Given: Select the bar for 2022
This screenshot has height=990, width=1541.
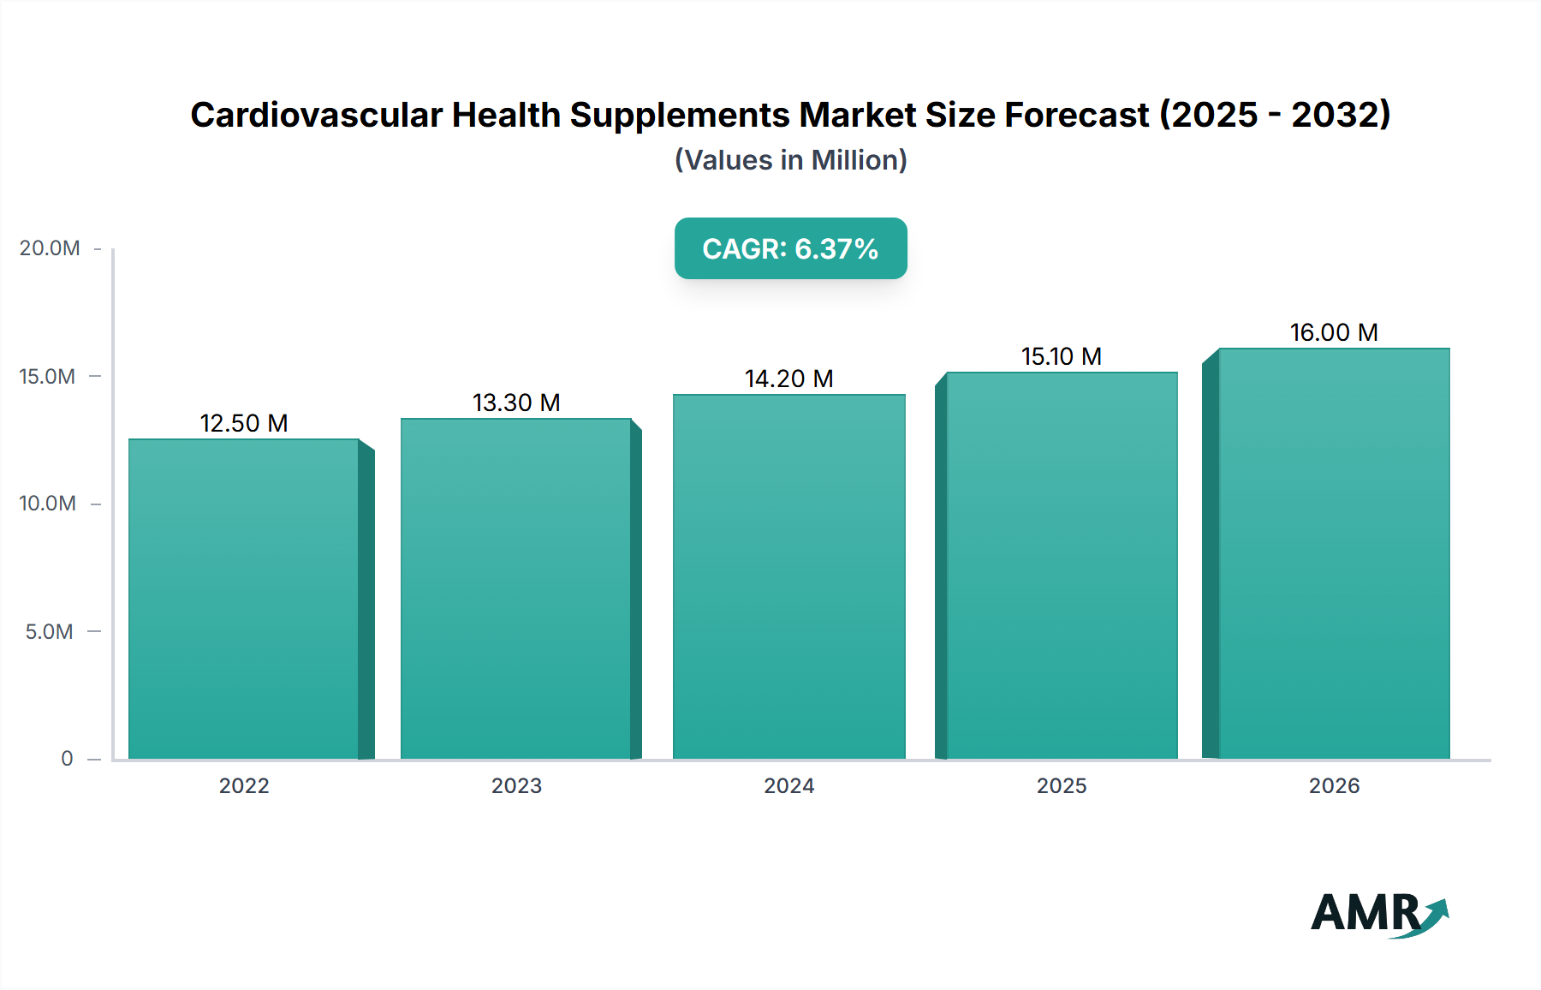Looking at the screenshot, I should (244, 599).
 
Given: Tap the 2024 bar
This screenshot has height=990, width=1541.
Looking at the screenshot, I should (788, 577).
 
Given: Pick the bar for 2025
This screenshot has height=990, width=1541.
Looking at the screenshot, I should (1062, 565).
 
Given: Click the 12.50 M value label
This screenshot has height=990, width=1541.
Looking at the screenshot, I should (244, 423).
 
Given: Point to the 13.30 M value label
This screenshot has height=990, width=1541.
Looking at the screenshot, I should (516, 403).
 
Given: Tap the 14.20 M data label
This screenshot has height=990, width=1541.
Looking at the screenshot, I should (788, 379).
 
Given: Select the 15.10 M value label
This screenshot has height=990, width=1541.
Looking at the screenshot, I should (1062, 356).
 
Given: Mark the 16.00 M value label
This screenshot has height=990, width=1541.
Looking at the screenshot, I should (1334, 332).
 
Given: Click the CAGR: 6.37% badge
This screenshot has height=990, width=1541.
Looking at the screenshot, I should (790, 248).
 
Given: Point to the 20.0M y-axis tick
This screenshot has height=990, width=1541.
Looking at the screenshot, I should (50, 248).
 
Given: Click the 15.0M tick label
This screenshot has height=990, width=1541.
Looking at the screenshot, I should (48, 376).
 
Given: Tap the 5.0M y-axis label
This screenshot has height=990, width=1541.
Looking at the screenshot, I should (50, 632).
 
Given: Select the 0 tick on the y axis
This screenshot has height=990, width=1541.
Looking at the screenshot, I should (67, 759).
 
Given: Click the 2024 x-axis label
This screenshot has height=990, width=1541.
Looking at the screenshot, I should (788, 785).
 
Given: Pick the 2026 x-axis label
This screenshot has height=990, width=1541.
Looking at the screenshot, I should (1334, 785).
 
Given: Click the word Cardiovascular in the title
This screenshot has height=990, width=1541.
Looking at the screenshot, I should (316, 115).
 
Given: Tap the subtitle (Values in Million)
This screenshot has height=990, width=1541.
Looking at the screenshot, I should (790, 160).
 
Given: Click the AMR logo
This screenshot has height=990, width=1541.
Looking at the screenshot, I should (1377, 913).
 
